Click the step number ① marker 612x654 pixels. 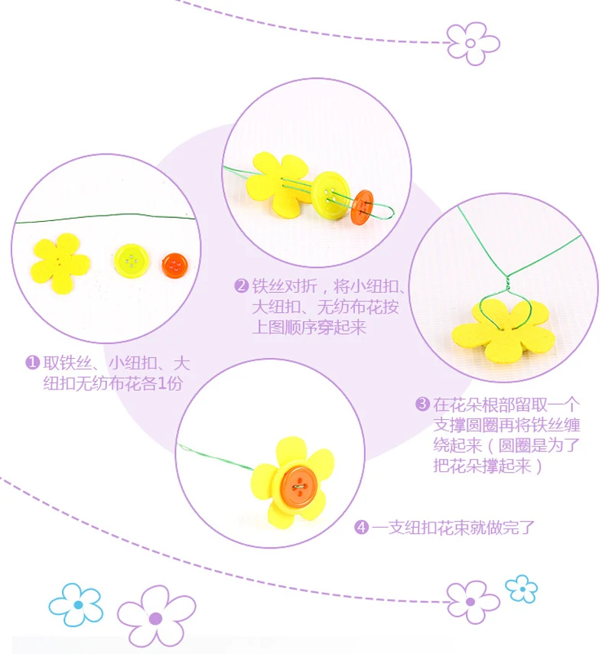pos(32,362)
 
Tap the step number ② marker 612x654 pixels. pos(241,287)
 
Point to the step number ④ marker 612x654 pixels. pos(362,527)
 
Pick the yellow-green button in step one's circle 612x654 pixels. pos(133,262)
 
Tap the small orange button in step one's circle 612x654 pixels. pos(175,266)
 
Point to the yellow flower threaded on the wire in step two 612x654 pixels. pos(279,185)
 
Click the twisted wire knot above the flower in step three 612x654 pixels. pos(506,284)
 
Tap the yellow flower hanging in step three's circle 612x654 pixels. pos(502,331)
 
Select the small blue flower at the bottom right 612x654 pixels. pos(521,588)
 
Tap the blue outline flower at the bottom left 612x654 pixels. pos(76,604)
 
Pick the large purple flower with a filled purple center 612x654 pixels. pos(156,616)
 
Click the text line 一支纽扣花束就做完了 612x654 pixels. pos(452,527)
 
